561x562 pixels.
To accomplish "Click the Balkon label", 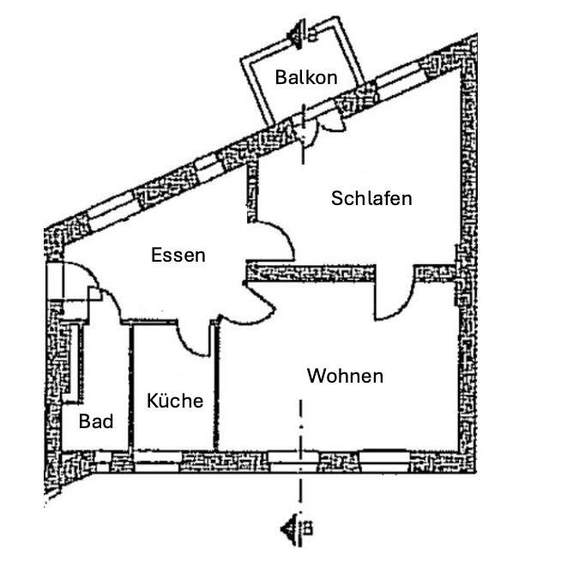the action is click(305, 77).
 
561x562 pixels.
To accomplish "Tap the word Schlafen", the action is click(371, 198).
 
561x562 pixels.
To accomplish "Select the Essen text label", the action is click(178, 255).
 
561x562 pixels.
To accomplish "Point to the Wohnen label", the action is click(345, 376).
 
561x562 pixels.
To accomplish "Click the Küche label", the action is click(174, 401).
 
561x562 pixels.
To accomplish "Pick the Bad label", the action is click(96, 421).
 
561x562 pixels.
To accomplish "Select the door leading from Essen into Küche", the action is click(197, 339).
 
